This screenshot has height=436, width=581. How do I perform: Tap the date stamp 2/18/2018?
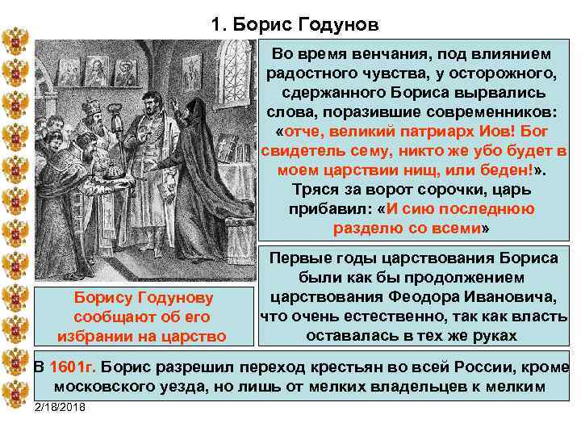click(x=64, y=405)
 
